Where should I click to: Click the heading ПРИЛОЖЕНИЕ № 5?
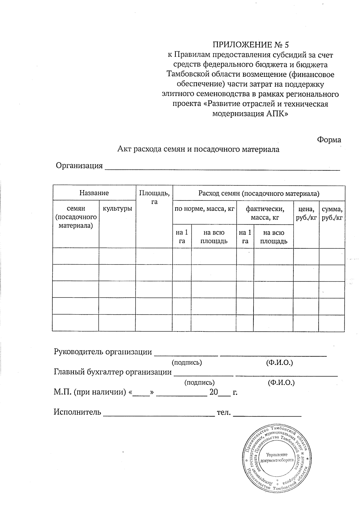click(x=250, y=45)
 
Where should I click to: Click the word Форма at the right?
click(x=329, y=140)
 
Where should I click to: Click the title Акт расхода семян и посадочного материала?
click(x=198, y=149)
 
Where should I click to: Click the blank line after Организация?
click(x=222, y=167)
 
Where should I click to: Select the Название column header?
click(x=94, y=193)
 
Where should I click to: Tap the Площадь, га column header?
click(x=154, y=197)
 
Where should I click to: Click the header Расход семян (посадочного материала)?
click(x=259, y=193)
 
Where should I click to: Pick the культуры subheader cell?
click(x=117, y=209)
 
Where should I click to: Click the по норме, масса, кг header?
click(x=204, y=209)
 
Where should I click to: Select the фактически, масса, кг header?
click(x=265, y=213)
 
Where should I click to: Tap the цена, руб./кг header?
click(x=306, y=213)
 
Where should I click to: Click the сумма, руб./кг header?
click(x=332, y=213)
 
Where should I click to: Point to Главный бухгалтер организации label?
click(x=112, y=372)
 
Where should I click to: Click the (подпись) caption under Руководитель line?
click(x=186, y=362)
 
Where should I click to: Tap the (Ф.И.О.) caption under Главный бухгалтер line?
click(x=280, y=383)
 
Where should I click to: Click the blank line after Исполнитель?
click(x=159, y=414)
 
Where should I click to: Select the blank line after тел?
click(x=267, y=414)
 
